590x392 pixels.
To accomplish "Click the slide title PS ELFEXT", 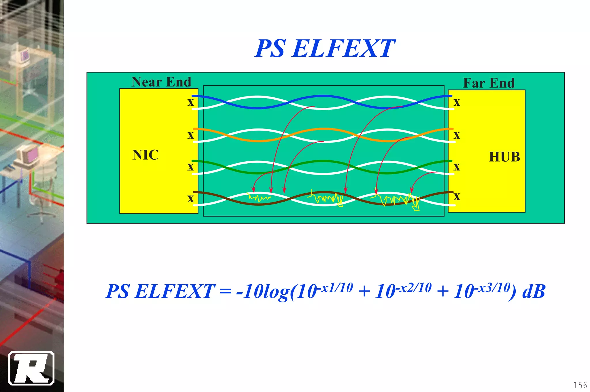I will pos(325,48).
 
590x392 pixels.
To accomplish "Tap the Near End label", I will pos(161,82).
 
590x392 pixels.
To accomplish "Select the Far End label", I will pos(489,83).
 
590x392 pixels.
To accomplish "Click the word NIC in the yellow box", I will pos(145,155).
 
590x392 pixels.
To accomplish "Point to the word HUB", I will pos(504,157).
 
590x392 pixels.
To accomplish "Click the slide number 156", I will pos(580,385).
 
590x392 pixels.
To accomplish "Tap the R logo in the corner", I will pos(31,368).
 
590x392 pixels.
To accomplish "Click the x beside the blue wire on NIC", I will pos(191,102).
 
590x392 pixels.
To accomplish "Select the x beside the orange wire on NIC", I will pos(191,135).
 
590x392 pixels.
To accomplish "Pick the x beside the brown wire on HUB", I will pos(457,197).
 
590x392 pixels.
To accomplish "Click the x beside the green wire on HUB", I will pos(457,167).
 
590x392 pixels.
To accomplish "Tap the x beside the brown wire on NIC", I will pos(191,198).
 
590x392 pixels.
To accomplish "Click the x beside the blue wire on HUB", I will pos(457,102).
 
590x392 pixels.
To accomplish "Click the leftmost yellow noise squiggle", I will pos(259,198).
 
